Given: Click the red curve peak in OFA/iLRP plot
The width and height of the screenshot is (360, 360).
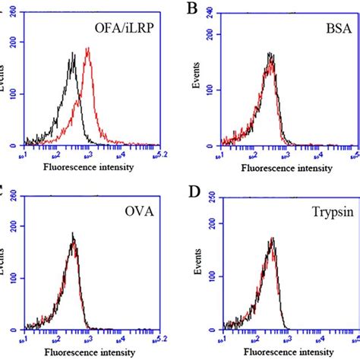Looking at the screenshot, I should [x=88, y=49].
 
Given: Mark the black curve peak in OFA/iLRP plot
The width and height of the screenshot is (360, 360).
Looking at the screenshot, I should [x=73, y=54].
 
